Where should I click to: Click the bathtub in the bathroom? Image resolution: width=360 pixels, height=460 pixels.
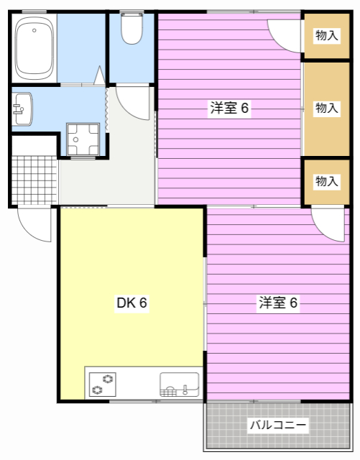(x=35, y=48)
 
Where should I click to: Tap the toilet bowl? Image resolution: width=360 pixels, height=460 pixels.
(x=132, y=28)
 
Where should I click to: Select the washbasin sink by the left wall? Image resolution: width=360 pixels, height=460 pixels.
(x=22, y=109)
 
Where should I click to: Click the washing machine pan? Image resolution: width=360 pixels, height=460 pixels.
(x=83, y=139)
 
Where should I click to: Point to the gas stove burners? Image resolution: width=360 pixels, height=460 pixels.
(x=103, y=385)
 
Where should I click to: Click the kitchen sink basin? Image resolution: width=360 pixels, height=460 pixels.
(x=179, y=385)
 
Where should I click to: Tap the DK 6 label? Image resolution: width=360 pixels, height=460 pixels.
(x=131, y=303)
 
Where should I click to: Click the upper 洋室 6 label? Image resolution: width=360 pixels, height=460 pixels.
(x=229, y=108)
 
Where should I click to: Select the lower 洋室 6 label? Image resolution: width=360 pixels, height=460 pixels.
(x=278, y=303)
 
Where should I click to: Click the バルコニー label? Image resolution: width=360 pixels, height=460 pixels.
(x=278, y=425)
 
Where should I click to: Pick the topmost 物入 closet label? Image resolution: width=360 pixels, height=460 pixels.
(x=326, y=35)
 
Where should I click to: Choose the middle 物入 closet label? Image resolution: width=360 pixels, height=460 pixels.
(x=326, y=108)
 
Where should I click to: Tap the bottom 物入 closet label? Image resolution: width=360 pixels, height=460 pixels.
(x=326, y=181)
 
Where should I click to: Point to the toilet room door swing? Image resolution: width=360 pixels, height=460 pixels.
(x=126, y=111)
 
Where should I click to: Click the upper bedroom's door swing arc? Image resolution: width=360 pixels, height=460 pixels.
(x=279, y=45)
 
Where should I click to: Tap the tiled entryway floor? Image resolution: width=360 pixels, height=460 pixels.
(x=34, y=180)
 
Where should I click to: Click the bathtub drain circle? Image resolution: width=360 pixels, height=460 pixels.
(x=34, y=30)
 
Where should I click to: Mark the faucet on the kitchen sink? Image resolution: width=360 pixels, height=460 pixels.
(x=185, y=390)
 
